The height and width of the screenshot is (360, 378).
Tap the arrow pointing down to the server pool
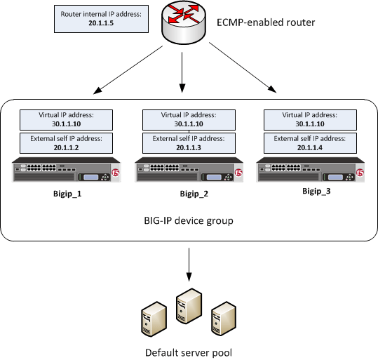[188, 267]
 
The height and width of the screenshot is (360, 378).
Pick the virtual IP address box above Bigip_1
[62, 118]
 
